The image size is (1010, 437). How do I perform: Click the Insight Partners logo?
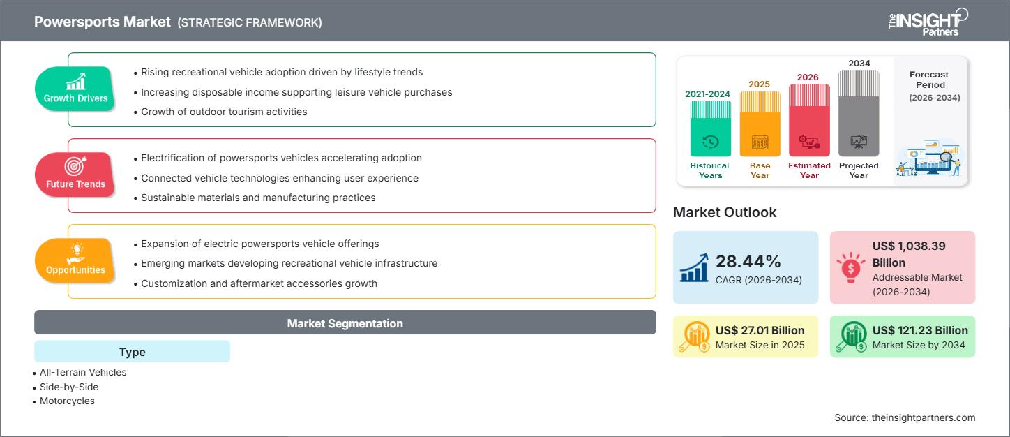(x=928, y=22)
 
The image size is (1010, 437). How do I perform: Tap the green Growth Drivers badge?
(x=75, y=89)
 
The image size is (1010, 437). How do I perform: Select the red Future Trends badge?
(x=75, y=175)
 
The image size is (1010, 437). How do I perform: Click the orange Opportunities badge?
(x=75, y=260)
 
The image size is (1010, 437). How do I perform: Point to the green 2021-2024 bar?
(x=711, y=128)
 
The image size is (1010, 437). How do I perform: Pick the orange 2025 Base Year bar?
(x=760, y=124)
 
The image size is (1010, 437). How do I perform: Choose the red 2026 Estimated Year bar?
(x=809, y=120)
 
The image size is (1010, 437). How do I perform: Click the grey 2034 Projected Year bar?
(x=859, y=113)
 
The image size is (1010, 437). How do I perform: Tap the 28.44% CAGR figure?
(x=748, y=261)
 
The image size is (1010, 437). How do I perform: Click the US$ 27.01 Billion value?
(x=760, y=330)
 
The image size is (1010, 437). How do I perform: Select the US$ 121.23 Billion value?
(x=920, y=330)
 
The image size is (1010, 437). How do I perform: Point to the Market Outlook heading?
(x=725, y=212)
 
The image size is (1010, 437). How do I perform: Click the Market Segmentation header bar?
(x=345, y=323)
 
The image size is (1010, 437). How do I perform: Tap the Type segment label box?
(x=132, y=352)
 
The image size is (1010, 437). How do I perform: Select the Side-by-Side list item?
(x=69, y=387)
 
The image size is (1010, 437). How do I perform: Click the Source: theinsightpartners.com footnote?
(x=905, y=417)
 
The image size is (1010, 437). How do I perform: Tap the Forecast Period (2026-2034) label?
(x=932, y=86)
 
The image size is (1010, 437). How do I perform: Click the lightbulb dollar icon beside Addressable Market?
(x=850, y=267)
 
